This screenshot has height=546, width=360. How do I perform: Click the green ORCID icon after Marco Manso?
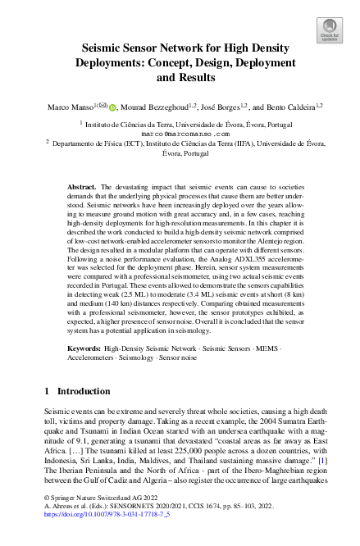click(x=112, y=106)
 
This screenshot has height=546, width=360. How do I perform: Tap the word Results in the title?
click(x=193, y=79)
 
